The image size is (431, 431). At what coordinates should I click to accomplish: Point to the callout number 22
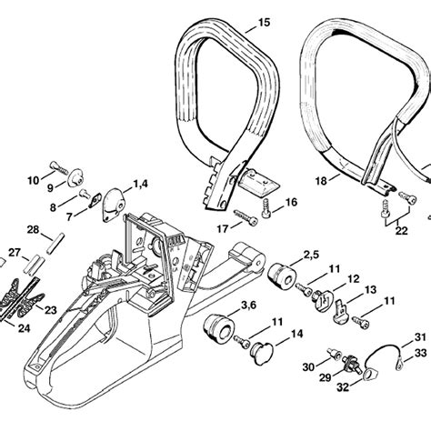tap(401, 231)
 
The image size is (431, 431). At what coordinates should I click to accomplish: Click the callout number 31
tap(419, 336)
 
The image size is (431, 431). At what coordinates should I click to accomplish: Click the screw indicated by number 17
tap(245, 216)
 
